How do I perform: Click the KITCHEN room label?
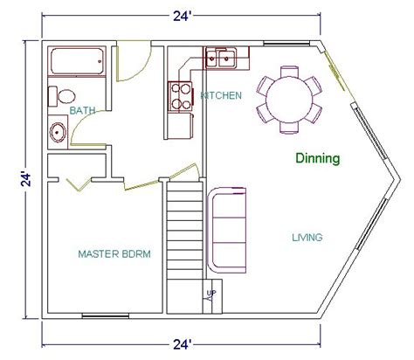click(x=221, y=95)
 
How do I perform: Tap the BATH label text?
click(x=82, y=111)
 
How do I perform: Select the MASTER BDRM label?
click(x=114, y=254)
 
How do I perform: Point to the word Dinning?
click(x=318, y=158)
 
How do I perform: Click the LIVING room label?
click(x=307, y=238)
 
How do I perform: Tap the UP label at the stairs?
click(x=211, y=294)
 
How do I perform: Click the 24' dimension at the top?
click(x=182, y=17)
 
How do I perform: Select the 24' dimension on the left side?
click(x=26, y=179)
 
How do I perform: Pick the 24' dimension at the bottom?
click(x=182, y=345)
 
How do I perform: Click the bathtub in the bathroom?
click(x=77, y=61)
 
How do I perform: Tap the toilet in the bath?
click(x=62, y=96)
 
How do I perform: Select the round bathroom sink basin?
click(x=58, y=133)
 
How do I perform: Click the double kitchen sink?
click(x=221, y=59)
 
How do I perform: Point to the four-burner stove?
click(x=181, y=96)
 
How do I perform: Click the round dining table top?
click(x=289, y=99)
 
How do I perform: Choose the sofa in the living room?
click(x=227, y=230)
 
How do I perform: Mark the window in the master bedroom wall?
click(x=106, y=315)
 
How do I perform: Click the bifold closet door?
click(x=79, y=184)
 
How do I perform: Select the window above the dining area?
click(x=286, y=44)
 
